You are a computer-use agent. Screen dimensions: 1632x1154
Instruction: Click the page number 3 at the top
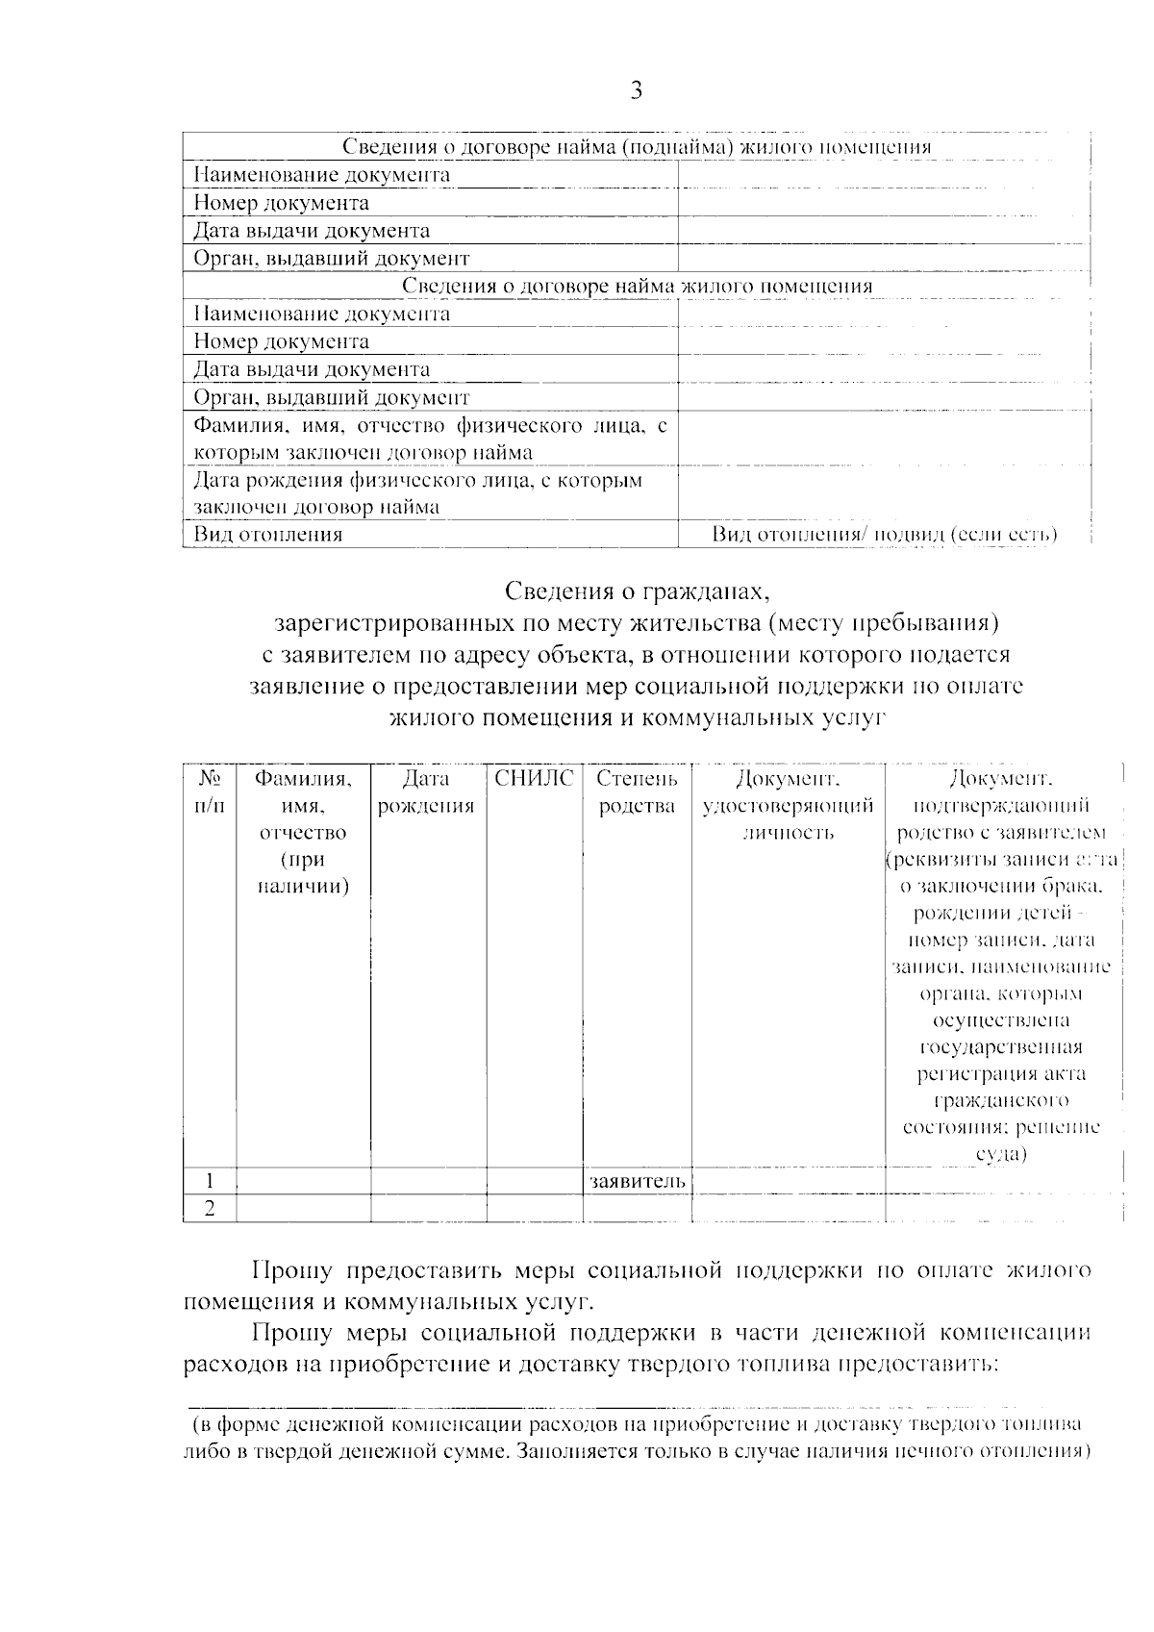point(636,91)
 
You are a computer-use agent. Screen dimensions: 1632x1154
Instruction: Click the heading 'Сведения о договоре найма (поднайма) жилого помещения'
point(637,147)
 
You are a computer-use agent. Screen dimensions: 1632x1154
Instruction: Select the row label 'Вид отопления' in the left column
point(268,535)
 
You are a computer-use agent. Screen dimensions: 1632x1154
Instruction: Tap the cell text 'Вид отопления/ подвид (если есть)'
point(885,535)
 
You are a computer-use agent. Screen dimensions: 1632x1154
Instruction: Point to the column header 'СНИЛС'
point(534,779)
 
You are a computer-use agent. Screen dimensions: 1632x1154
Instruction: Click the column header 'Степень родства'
point(637,792)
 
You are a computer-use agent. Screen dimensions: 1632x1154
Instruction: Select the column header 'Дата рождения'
point(427,792)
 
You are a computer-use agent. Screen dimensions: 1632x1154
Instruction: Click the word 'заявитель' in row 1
point(637,1181)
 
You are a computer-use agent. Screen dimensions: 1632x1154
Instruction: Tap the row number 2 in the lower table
point(209,1209)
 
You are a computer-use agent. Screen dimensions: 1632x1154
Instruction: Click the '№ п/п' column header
point(209,792)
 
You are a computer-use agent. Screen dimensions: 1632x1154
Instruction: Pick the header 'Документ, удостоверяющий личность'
point(788,806)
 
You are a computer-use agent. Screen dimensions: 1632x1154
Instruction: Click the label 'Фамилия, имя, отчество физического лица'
point(430,425)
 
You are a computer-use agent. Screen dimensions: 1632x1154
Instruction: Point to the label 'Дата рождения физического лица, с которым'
point(417,480)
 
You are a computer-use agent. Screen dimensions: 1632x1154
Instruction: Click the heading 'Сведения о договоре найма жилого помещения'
point(637,286)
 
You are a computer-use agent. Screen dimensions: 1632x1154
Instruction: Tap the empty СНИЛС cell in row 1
point(534,1181)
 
